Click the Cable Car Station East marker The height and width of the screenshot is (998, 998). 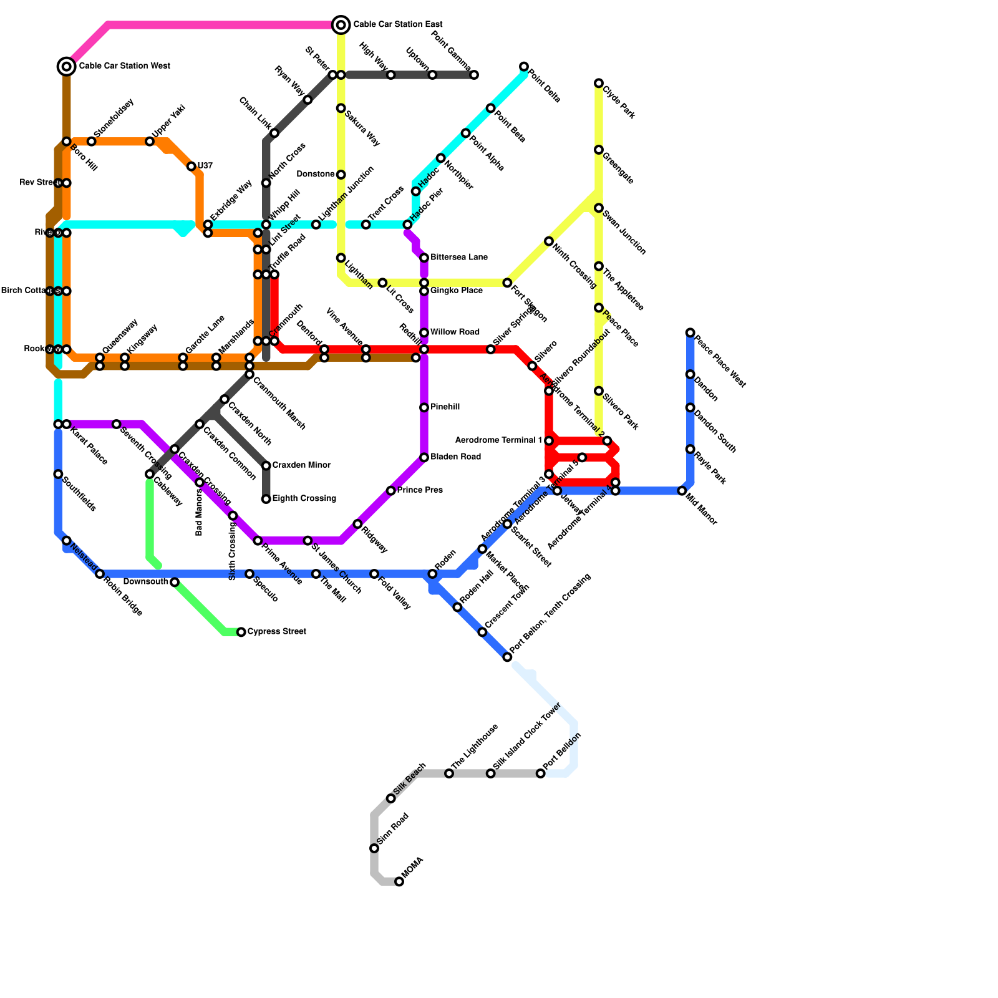pyautogui.click(x=341, y=25)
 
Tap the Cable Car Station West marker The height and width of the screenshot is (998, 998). pyautogui.click(x=67, y=66)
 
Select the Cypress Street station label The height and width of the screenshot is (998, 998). pyautogui.click(x=276, y=632)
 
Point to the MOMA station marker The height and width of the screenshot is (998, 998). pyautogui.click(x=399, y=881)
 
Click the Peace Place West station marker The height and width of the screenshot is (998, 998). pyautogui.click(x=690, y=333)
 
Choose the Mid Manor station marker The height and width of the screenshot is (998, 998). pyautogui.click(x=682, y=491)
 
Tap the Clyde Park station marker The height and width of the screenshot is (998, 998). pyautogui.click(x=599, y=84)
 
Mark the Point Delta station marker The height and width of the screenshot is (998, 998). pyautogui.click(x=524, y=67)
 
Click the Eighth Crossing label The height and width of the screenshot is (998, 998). pyautogui.click(x=304, y=499)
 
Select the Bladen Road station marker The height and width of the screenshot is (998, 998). pyautogui.click(x=424, y=458)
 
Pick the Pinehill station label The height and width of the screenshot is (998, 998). pyautogui.click(x=445, y=407)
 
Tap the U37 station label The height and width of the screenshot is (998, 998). pyautogui.click(x=205, y=166)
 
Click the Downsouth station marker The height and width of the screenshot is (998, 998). pyautogui.click(x=175, y=582)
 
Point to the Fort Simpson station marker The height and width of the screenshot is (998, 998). pyautogui.click(x=507, y=283)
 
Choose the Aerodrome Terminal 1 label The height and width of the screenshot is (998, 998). pyautogui.click(x=498, y=440)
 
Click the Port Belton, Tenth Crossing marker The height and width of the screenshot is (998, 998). pyautogui.click(x=507, y=657)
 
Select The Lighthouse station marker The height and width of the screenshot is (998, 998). pyautogui.click(x=449, y=773)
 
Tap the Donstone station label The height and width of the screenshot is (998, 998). pyautogui.click(x=316, y=174)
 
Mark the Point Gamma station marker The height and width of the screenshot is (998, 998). pyautogui.click(x=474, y=75)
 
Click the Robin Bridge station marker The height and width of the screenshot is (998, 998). pyautogui.click(x=100, y=574)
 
